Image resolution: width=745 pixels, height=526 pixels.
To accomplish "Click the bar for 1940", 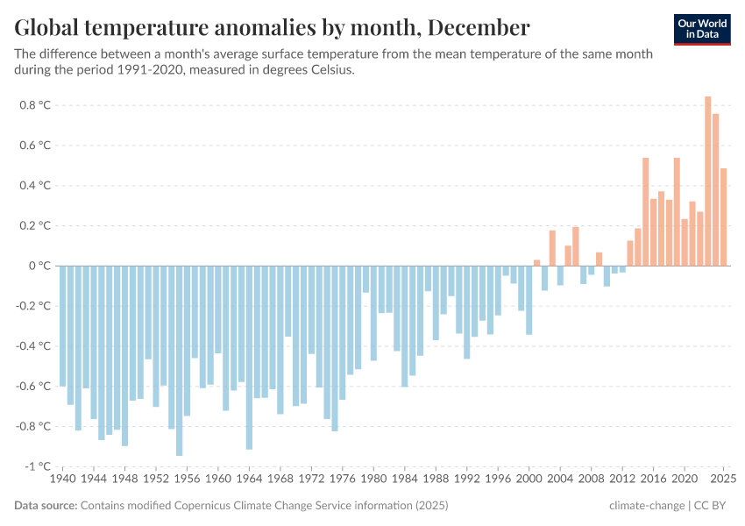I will tap(63, 325).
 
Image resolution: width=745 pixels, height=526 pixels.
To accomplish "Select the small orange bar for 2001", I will tap(536, 262).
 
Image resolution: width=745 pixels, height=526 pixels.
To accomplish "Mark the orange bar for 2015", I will tap(645, 211).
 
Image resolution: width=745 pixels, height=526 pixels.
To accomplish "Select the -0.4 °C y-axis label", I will tap(32, 346).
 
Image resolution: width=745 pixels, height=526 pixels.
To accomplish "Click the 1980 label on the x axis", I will tap(373, 480).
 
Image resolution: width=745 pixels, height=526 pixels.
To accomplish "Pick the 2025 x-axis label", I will tap(723, 480).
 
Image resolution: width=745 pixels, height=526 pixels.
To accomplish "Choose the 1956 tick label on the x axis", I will tap(187, 480).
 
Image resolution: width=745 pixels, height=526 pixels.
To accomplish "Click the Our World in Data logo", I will tap(701, 29).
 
